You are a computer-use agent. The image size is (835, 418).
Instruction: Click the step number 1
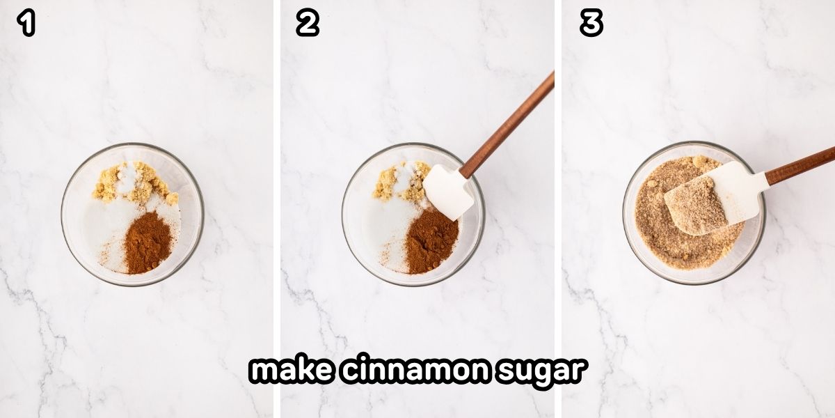[26, 24]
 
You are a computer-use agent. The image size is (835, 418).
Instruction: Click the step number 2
[307, 24]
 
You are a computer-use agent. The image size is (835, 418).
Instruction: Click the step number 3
[591, 24]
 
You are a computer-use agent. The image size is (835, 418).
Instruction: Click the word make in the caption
[287, 371]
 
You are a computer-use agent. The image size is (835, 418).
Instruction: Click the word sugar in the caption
[539, 371]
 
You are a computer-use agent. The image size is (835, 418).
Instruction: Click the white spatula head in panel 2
[447, 192]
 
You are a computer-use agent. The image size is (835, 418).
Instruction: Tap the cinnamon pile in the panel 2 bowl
[431, 240]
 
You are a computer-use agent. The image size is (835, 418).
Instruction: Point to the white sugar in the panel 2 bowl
[383, 230]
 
